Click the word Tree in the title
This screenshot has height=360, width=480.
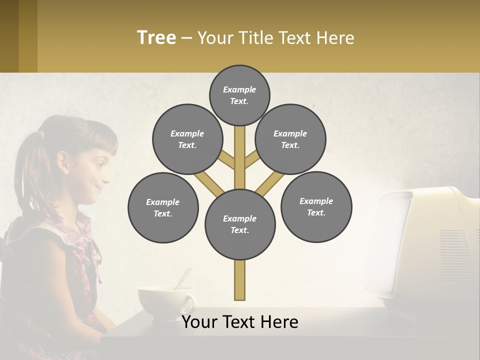click(156, 38)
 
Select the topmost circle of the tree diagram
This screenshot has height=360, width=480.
click(239, 95)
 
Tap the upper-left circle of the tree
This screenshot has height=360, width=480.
click(187, 139)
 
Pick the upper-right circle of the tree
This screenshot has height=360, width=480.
click(290, 139)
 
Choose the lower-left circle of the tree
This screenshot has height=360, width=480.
click(163, 207)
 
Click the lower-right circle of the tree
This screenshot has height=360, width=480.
click(316, 206)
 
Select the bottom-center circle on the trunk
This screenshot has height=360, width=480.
click(240, 224)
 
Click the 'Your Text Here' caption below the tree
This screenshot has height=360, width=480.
click(240, 322)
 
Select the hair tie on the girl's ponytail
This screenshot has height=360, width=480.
click(41, 134)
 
